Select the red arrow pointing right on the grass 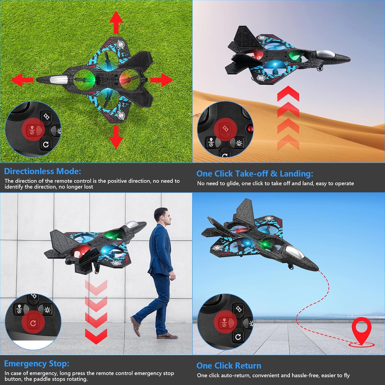(x=161, y=80)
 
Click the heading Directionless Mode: (x=43, y=171)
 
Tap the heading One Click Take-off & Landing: (x=255, y=174)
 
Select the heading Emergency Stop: (x=37, y=363)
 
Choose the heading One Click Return (x=229, y=365)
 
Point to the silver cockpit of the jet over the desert (x=326, y=54)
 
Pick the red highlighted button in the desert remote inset (x=225, y=129)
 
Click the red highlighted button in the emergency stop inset (x=33, y=323)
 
